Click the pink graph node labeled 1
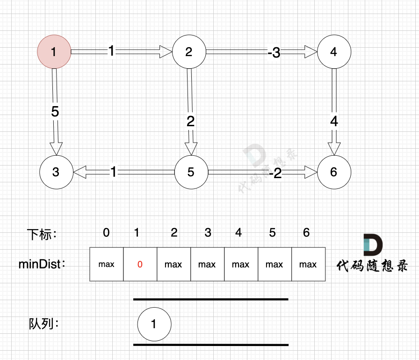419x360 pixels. click(54, 51)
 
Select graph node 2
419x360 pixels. click(189, 51)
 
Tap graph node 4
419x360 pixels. click(333, 51)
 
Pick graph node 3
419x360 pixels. click(56, 172)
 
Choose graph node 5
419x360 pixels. click(191, 172)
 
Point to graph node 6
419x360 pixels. click(333, 172)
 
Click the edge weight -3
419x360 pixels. click(274, 53)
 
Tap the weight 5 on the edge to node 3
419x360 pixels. click(55, 112)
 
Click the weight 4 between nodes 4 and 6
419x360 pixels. click(334, 122)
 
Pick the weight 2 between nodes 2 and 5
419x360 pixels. click(190, 122)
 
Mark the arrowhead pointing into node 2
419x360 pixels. click(166, 51)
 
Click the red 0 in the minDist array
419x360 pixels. click(140, 265)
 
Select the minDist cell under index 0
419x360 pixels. click(106, 265)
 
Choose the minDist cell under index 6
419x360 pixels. click(308, 265)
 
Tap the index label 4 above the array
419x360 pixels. click(238, 232)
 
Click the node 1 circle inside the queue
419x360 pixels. click(154, 324)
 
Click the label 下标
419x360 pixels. click(41, 234)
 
